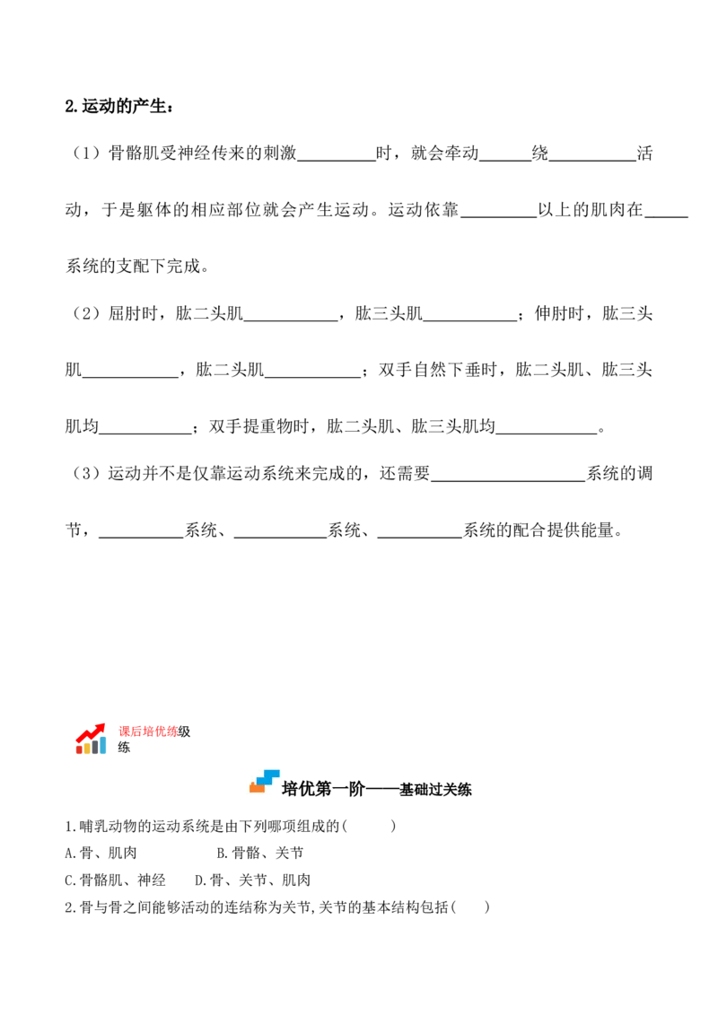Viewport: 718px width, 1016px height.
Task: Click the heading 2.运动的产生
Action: coord(119,106)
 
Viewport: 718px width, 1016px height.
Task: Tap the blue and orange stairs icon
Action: coord(265,781)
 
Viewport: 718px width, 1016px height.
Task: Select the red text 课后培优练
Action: coord(148,731)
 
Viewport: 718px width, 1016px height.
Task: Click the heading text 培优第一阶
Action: coord(323,789)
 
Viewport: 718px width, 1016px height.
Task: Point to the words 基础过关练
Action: coord(435,789)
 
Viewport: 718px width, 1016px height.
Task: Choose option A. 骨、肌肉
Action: coord(101,853)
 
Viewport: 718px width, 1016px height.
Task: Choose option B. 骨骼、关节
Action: coord(260,853)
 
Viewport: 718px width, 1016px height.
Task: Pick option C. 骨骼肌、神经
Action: coord(116,880)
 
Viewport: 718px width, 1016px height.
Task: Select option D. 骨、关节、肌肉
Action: coord(253,880)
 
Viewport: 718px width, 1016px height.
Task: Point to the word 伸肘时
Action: coord(559,313)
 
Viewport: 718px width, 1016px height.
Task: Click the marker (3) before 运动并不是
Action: coord(86,474)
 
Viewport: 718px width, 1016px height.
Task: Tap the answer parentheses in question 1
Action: coord(369,826)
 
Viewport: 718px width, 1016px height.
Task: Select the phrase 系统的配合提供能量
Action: coord(538,530)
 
